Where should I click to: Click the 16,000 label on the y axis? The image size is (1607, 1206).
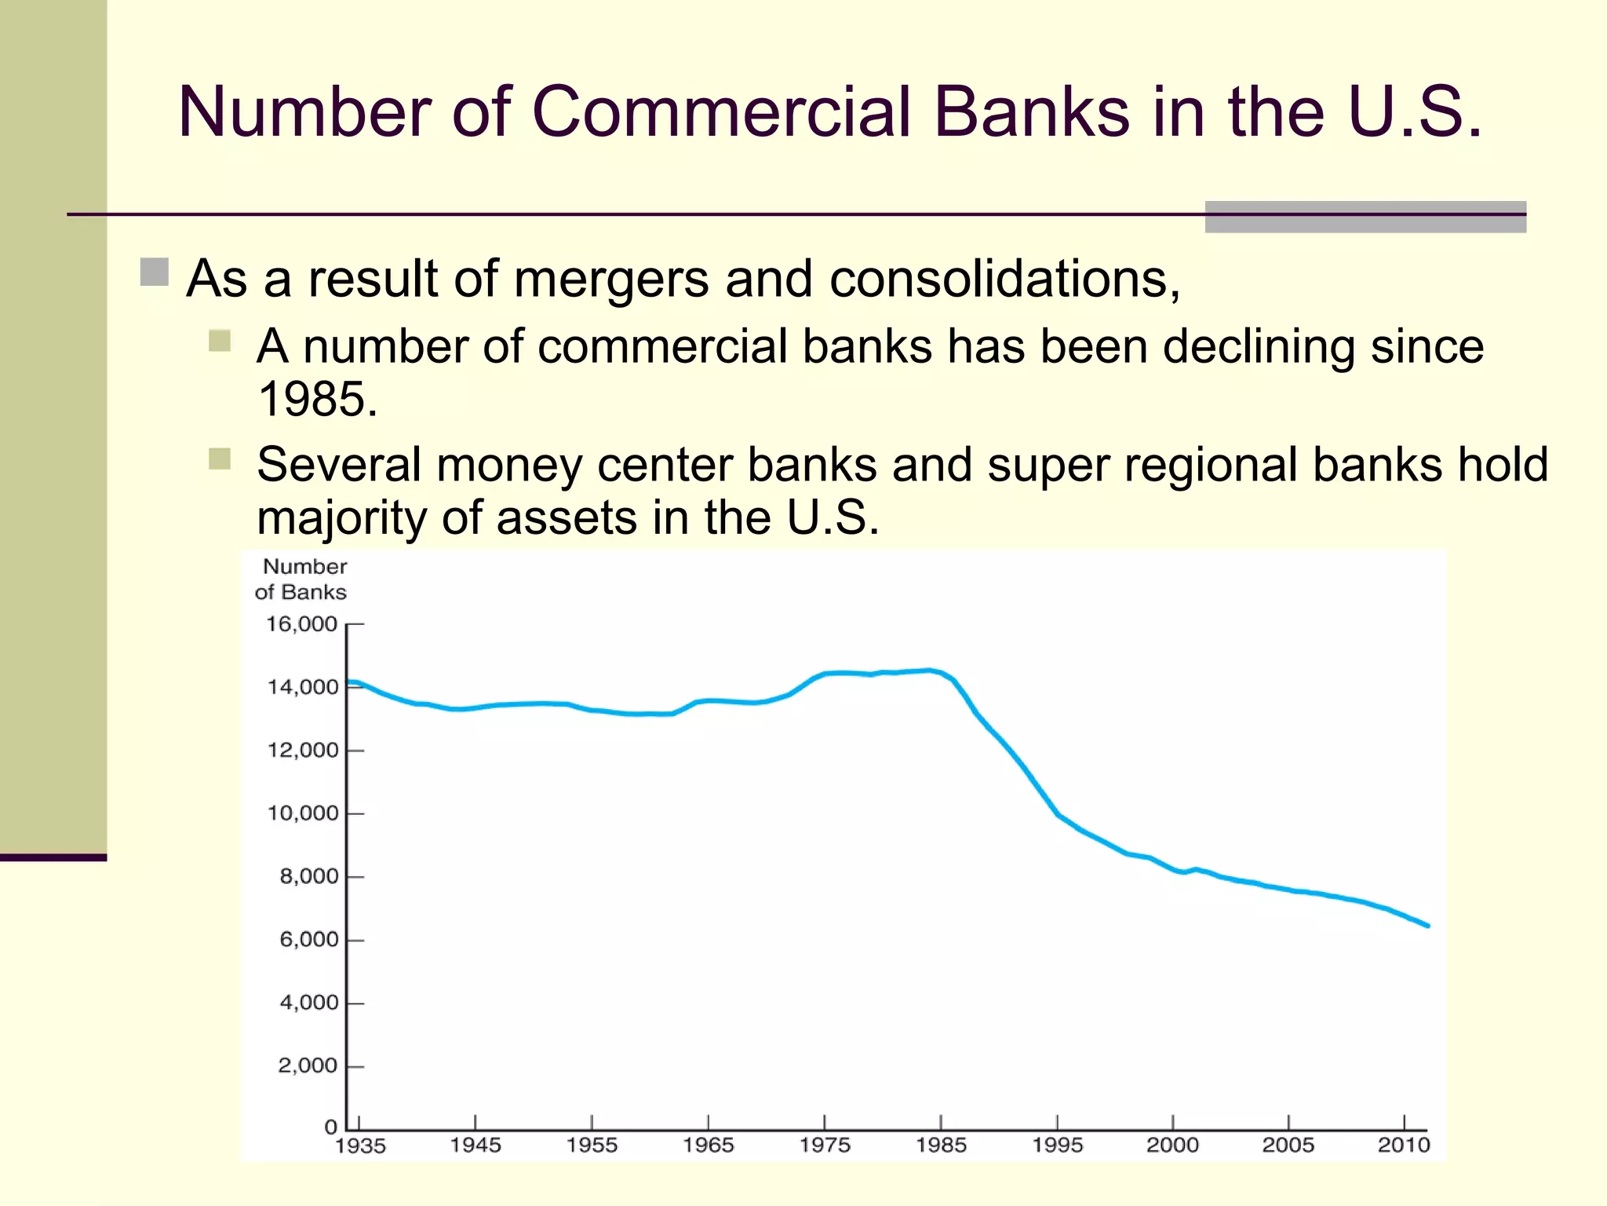coord(301,624)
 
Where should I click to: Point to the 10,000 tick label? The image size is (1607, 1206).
coord(303,813)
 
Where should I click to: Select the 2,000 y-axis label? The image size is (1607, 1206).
coord(308,1065)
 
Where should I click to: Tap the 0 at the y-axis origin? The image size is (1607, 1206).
coord(331,1127)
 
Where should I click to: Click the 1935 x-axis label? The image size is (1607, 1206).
coord(360,1146)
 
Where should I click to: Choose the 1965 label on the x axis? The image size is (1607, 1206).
coord(708,1145)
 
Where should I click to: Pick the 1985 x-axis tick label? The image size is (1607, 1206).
coord(941,1145)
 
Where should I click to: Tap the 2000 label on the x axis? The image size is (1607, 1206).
coord(1172,1145)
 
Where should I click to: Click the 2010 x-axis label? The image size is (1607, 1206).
coord(1404,1145)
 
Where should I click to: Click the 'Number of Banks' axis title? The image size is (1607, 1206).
coord(302,579)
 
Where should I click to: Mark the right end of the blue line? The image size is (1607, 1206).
coord(1427,926)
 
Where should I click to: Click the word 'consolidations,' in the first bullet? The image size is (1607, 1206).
coord(1004,279)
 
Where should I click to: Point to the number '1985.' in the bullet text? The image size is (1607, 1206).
coord(318,399)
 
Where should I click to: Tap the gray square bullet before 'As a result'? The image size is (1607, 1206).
coord(155,272)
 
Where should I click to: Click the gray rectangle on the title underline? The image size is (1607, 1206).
coord(1365,217)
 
